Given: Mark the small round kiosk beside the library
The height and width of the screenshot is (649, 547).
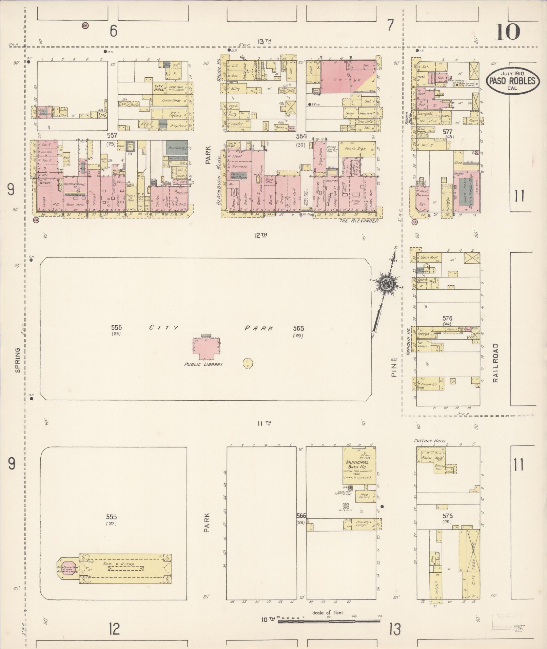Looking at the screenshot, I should [x=248, y=363].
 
